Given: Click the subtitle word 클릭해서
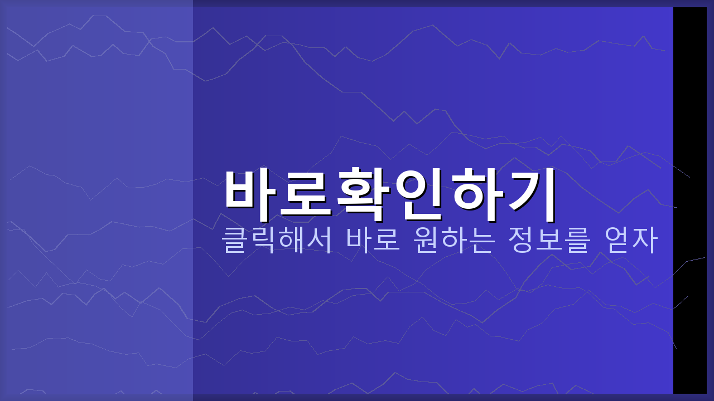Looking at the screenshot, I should [277, 241].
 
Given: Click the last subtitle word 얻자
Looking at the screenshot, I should [631, 241].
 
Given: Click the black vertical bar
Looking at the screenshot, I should [689, 200].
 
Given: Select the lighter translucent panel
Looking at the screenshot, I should [97, 200].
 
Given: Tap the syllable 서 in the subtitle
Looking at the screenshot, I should [319, 241].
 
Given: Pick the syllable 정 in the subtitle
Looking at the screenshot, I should [520, 241].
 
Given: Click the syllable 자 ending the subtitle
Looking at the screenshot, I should [645, 241].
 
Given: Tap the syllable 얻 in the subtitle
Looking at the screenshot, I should [617, 241].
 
